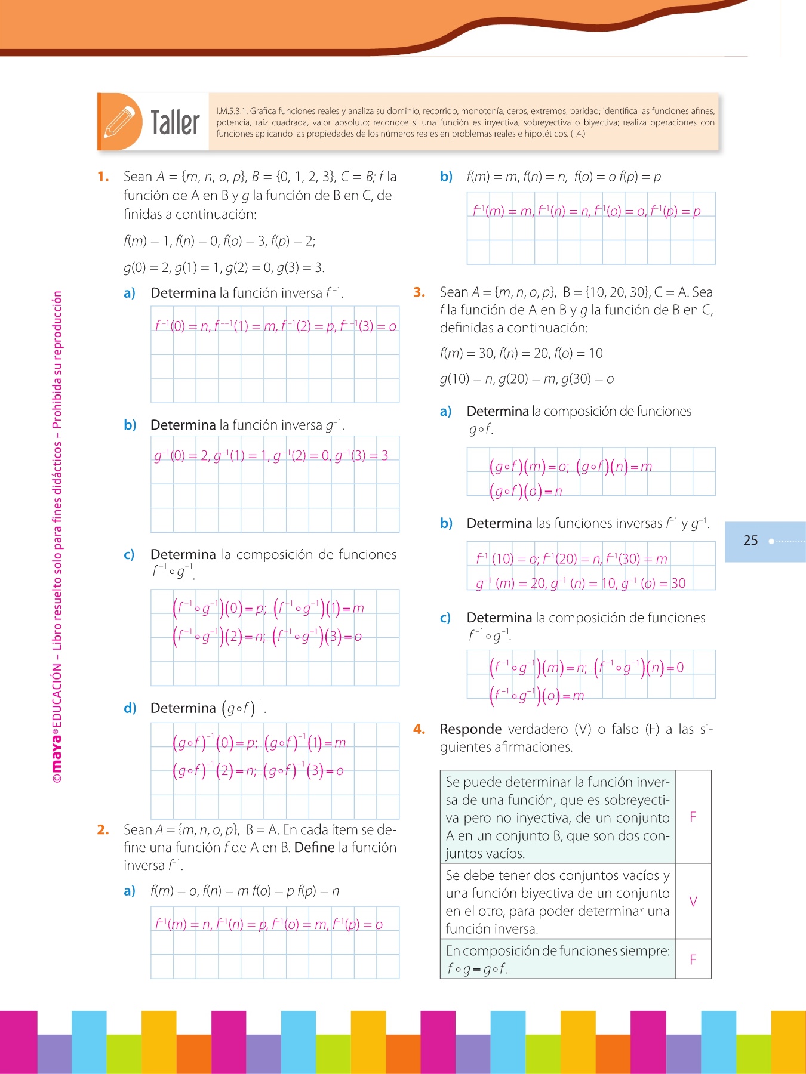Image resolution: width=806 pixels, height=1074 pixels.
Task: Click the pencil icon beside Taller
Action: (119, 122)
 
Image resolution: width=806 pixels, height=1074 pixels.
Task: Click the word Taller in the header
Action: (175, 123)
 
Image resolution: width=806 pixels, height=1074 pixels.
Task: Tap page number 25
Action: (750, 541)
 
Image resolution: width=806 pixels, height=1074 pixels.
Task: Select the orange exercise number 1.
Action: (103, 177)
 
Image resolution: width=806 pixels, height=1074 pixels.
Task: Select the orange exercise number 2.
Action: (103, 829)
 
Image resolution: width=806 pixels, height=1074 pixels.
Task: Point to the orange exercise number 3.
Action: (419, 292)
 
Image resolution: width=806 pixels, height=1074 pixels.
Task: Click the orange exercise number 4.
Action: (419, 729)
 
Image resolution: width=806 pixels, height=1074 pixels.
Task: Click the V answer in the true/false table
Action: (693, 902)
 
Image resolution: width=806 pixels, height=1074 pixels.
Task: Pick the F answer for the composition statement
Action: (693, 959)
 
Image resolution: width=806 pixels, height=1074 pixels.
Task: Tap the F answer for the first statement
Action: (693, 817)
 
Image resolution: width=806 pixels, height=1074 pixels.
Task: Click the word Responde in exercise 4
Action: (470, 729)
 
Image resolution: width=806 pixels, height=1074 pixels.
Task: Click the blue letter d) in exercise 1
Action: (130, 708)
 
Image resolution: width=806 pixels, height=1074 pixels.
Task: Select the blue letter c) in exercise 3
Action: (445, 618)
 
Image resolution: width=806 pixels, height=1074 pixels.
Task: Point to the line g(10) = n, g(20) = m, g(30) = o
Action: (527, 379)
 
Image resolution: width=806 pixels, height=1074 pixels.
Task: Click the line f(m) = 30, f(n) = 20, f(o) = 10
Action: (521, 353)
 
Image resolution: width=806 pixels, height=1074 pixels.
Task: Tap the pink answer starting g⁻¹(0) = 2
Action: (271, 456)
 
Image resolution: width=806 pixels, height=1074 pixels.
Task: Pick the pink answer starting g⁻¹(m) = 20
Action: (580, 583)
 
